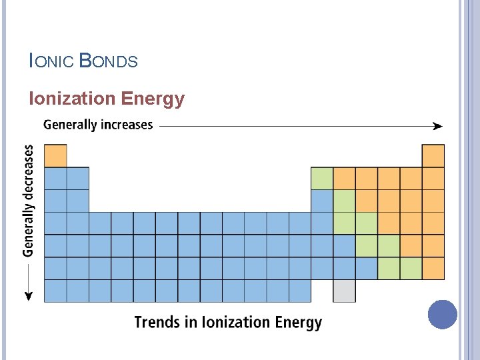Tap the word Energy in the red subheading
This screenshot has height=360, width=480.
tap(153, 99)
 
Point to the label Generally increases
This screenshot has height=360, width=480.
tap(98, 125)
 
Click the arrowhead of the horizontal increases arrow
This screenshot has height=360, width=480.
tap(437, 125)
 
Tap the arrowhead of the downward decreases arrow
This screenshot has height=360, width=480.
tap(29, 295)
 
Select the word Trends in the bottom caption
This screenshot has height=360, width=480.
tap(157, 323)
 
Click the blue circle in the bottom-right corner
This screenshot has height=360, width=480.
tap(443, 314)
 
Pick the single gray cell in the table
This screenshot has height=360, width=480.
tap(344, 291)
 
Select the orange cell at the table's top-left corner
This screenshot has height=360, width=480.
tap(55, 156)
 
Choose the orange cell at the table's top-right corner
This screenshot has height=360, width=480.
tap(433, 156)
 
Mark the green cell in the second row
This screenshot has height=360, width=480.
tap(322, 178)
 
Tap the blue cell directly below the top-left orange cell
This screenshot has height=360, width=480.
tap(55, 178)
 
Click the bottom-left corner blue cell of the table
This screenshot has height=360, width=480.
tap(55, 291)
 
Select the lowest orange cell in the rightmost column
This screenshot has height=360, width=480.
tap(433, 268)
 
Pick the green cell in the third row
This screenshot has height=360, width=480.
tap(344, 201)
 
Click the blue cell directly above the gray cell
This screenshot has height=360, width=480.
tap(344, 268)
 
